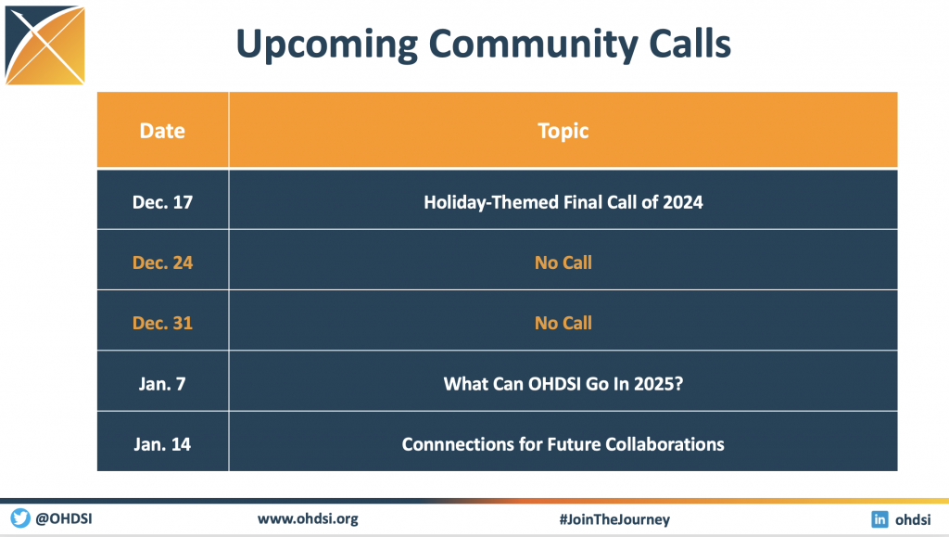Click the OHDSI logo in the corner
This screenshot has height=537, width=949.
click(x=44, y=45)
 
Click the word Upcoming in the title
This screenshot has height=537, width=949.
click(x=327, y=45)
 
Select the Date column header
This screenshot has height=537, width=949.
click(x=162, y=131)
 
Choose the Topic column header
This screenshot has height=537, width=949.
click(x=563, y=132)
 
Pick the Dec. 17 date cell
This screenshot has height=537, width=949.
click(x=162, y=202)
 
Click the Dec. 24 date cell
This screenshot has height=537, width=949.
click(x=162, y=262)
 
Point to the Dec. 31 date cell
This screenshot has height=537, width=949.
click(x=162, y=324)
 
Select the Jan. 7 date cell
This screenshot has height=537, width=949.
click(x=162, y=384)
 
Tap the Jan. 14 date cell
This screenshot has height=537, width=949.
click(x=162, y=444)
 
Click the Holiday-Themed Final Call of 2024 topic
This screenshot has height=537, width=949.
click(x=563, y=202)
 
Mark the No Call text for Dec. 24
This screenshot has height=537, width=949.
click(x=563, y=262)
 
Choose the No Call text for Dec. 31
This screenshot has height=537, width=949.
click(x=563, y=324)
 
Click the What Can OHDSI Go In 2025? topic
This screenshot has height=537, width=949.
click(x=563, y=384)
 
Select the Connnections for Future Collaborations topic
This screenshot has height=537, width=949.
click(x=563, y=444)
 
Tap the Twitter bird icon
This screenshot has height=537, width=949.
click(x=20, y=518)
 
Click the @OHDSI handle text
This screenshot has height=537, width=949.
click(x=64, y=518)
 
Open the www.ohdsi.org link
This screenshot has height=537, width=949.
click(x=308, y=518)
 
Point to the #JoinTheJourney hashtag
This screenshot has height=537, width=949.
click(x=614, y=519)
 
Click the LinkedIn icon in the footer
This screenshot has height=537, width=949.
click(x=879, y=518)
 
